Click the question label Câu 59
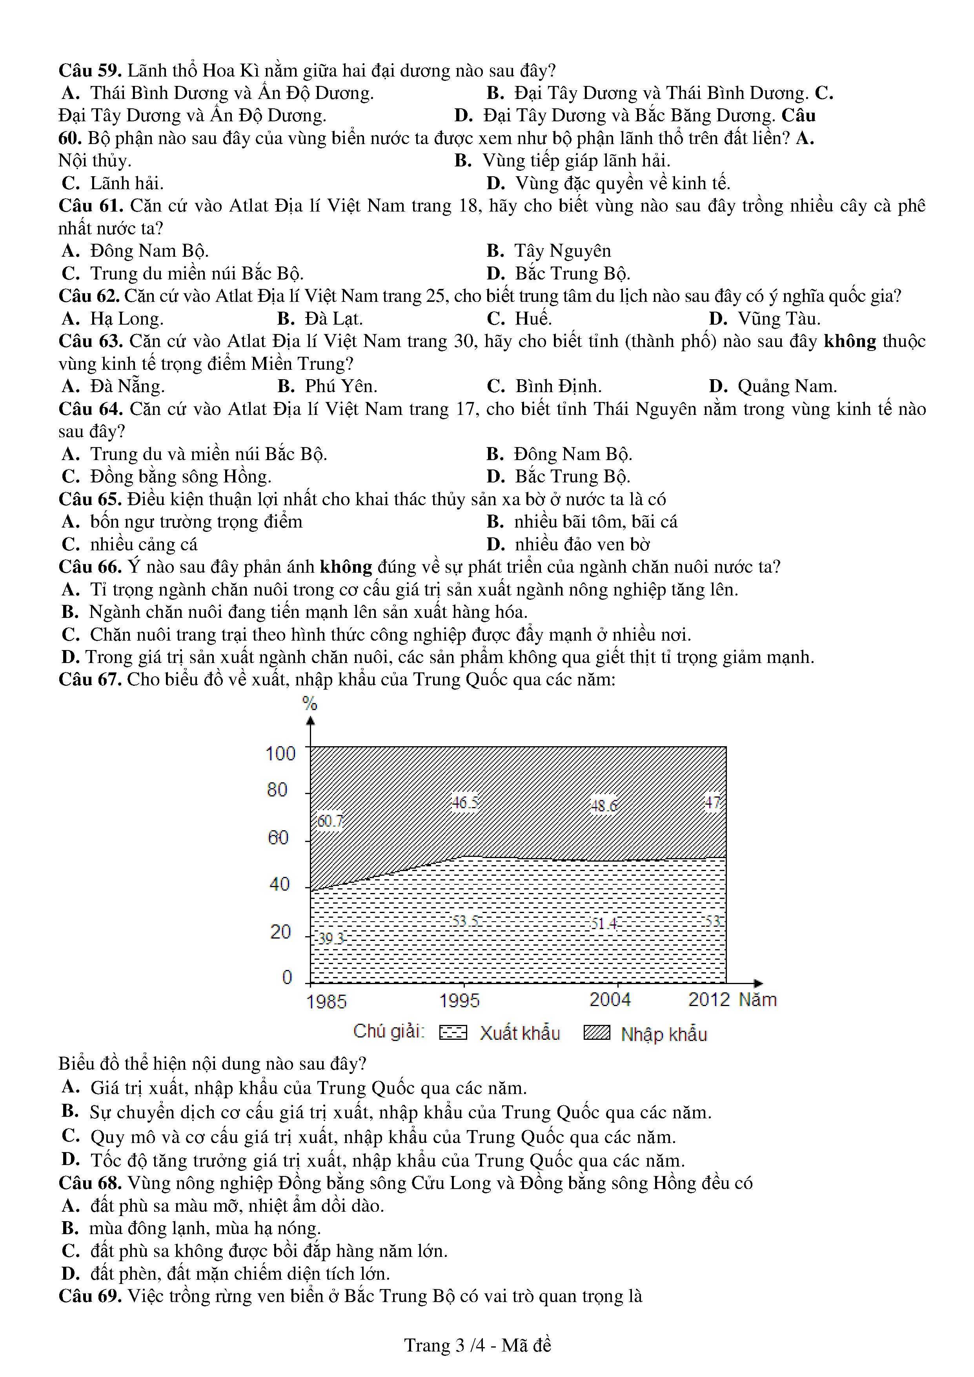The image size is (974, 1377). pos(90,71)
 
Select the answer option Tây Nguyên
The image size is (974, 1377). pos(562,251)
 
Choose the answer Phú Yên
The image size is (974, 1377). pos(340,386)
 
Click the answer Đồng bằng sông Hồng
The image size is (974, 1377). pos(180,477)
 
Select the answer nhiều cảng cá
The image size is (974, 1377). pos(143,545)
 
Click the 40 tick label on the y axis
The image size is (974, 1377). pos(279,884)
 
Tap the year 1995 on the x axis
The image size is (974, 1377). pos(459,1001)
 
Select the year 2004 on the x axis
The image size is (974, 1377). pos(610,1000)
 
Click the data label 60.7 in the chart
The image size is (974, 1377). pos(330,821)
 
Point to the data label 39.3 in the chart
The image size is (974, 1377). pos(330,938)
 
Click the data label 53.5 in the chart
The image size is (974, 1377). pos(465,921)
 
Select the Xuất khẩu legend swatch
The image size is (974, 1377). pos(453,1032)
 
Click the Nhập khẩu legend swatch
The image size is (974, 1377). pos(597,1033)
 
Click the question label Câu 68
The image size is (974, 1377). pos(90,1183)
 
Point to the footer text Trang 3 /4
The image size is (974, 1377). pos(444,1345)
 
